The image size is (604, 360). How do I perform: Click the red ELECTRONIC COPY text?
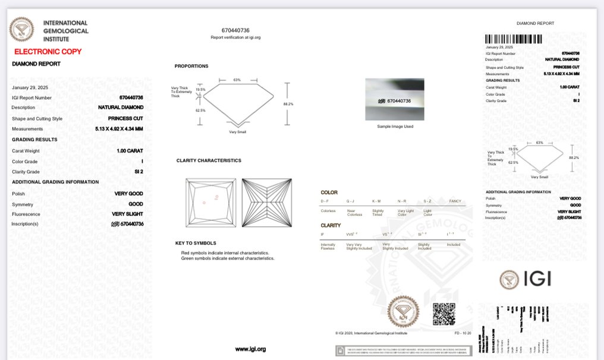48,52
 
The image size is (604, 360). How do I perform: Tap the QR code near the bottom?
443,314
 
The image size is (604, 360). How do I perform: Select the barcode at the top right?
514,39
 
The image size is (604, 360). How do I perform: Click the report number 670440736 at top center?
235,30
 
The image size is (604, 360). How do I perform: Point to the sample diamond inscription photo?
395,99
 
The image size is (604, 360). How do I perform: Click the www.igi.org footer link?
250,349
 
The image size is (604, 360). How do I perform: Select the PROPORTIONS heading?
191,66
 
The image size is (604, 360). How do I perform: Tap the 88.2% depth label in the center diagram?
288,104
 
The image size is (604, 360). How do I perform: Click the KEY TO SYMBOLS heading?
196,243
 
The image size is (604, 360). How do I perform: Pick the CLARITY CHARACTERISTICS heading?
209,160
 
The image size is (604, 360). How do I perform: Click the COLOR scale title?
329,192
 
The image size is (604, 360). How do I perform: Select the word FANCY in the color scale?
455,201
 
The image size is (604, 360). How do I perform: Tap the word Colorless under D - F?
328,211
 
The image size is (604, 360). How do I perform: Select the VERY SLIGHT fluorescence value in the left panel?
127,214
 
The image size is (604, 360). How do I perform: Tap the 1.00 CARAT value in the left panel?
130,151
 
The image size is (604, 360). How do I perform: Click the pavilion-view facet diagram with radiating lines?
267,203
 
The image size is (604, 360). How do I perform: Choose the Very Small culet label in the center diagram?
237,132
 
